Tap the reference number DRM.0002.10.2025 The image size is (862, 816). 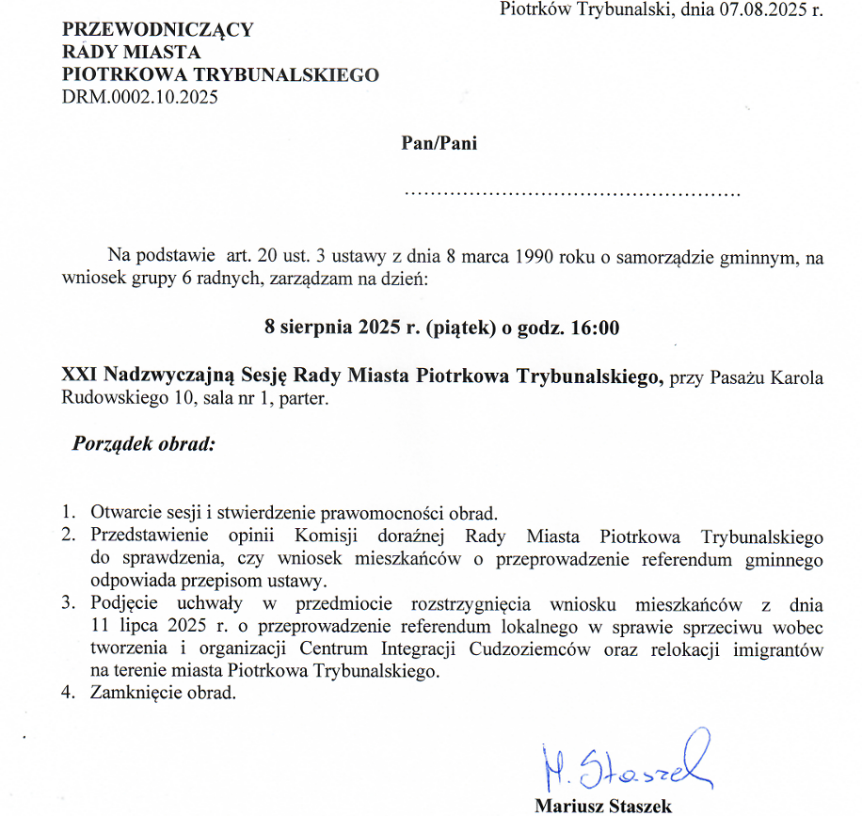click(x=140, y=96)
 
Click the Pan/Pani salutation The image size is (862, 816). click(x=439, y=143)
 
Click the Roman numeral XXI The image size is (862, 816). click(x=80, y=377)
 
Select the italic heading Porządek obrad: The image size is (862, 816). click(x=144, y=443)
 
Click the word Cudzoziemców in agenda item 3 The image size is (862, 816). click(x=613, y=650)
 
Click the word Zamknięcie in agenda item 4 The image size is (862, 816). click(x=136, y=696)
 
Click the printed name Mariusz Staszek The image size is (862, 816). click(x=603, y=806)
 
